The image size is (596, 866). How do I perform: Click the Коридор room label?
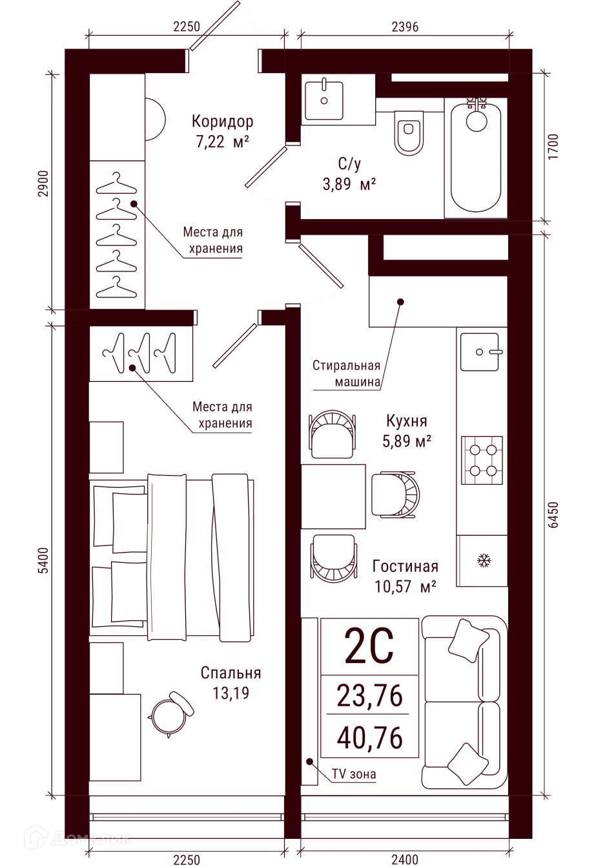[x=222, y=121]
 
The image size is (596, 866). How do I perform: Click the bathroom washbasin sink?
[x=324, y=101]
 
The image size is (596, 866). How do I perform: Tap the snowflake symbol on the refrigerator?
[x=484, y=560]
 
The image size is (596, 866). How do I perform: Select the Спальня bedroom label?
[x=231, y=673]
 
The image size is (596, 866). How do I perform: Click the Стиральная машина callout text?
[x=347, y=374]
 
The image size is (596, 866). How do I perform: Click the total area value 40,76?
[x=369, y=737]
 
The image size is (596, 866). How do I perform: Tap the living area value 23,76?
[x=369, y=695]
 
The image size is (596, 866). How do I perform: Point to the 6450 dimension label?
[x=553, y=514]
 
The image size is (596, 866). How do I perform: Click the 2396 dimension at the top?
[x=405, y=26]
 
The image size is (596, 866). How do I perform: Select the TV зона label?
[x=354, y=774]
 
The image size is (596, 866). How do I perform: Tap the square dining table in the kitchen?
[x=333, y=496]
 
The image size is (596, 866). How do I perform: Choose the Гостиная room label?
[x=405, y=566]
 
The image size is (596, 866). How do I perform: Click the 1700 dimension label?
[x=553, y=146]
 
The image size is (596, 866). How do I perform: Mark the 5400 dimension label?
[x=44, y=560]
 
